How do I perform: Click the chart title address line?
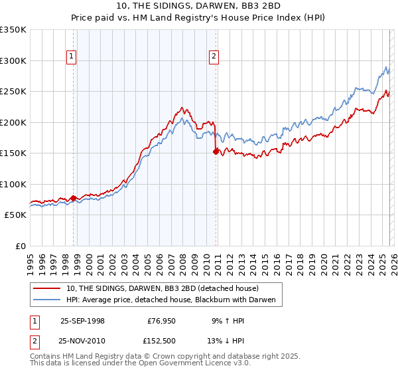[x=198, y=6]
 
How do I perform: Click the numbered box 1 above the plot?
[x=71, y=57]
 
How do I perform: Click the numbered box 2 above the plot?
[x=214, y=57]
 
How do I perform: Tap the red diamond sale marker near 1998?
[x=74, y=198]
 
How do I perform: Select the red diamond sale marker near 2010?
[x=216, y=151]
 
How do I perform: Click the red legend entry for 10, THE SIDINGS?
[x=166, y=289]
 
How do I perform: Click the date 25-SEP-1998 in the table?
[x=82, y=320]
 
